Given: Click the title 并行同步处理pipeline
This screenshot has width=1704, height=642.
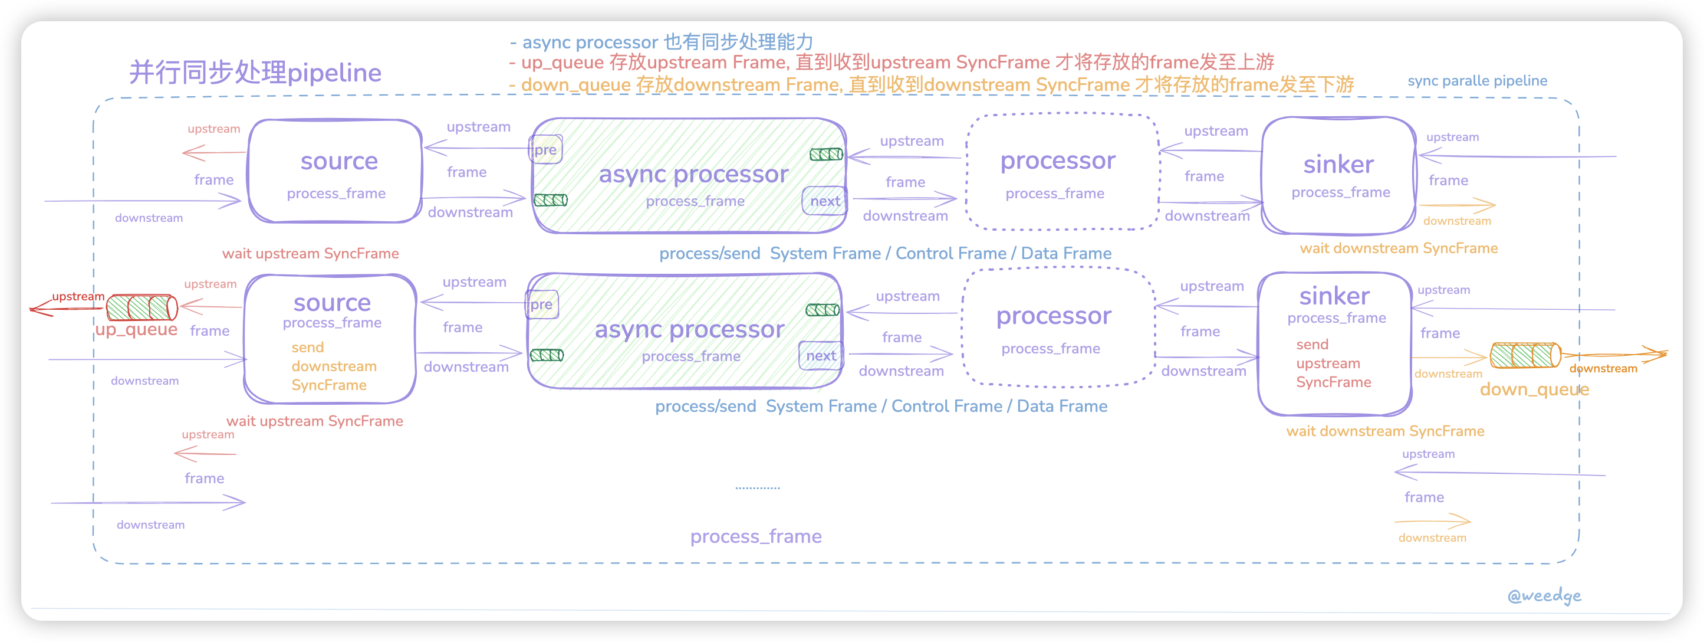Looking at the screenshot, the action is (255, 72).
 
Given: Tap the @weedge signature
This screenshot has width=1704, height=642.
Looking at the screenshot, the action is (1544, 595).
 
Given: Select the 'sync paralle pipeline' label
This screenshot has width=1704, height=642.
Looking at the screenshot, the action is (1477, 81).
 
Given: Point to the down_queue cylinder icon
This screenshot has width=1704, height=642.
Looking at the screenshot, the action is (1525, 355).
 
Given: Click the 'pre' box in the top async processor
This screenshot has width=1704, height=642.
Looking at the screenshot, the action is (545, 149).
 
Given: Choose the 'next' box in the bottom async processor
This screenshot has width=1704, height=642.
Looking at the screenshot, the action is (821, 356).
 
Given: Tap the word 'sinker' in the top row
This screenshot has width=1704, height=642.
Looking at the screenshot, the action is (1338, 164).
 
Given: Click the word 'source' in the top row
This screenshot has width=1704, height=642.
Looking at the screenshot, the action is (338, 161).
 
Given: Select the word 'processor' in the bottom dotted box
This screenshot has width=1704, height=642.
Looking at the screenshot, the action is (1054, 316).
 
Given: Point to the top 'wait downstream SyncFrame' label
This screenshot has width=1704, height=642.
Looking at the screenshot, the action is (1399, 248).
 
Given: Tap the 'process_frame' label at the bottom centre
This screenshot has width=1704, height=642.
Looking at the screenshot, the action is (755, 536).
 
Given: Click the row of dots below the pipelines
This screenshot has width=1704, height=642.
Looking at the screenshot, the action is (758, 488).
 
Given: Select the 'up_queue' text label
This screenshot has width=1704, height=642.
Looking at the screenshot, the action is (136, 330).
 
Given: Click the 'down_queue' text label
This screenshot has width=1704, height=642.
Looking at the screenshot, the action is (1534, 389).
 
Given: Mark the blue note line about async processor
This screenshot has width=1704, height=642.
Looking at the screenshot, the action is (662, 42).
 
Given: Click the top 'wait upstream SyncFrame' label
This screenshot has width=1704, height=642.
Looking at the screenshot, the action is (310, 254).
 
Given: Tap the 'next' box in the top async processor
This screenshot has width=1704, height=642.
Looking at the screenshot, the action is (825, 201).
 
